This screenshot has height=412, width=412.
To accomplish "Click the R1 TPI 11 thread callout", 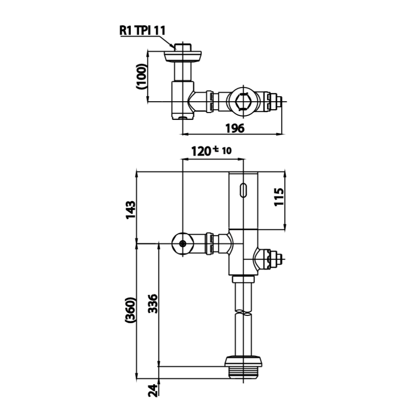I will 142,30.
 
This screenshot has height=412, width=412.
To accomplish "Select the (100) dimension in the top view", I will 141,76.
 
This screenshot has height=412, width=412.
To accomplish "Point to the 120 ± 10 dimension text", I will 211,151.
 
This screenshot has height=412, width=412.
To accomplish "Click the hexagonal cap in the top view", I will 243,101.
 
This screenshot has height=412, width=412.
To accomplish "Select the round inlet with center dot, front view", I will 183,244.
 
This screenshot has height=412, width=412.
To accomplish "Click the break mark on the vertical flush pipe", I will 243,313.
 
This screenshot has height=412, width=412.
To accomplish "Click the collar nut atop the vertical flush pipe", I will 243,279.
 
